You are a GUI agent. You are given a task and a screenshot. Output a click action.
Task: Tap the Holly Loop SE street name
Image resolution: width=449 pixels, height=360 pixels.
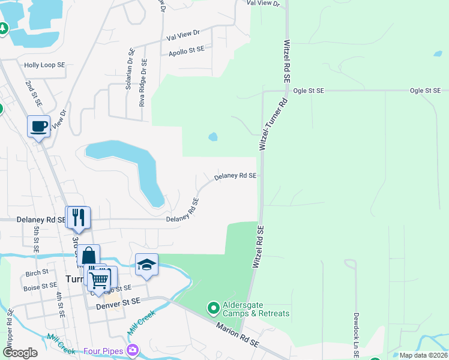[x=44, y=65]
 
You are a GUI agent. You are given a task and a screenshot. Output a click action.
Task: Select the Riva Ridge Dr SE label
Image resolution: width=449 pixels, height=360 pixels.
[x=143, y=82]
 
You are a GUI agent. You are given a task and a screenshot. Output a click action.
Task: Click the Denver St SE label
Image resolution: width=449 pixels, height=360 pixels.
[x=118, y=306]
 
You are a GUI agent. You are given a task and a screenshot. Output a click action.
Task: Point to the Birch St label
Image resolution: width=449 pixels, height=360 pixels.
[x=37, y=272]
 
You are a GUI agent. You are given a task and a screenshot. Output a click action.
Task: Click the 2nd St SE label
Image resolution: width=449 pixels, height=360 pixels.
[x=32, y=94]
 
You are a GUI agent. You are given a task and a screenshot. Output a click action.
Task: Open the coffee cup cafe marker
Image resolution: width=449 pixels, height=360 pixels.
[x=38, y=127]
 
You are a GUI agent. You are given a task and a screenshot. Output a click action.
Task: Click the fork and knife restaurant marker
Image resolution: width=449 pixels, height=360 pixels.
[x=78, y=217]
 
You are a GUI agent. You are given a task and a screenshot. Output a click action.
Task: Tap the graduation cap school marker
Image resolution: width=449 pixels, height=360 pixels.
[x=146, y=265]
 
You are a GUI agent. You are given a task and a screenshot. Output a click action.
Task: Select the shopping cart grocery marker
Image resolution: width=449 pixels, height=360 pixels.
[x=99, y=279]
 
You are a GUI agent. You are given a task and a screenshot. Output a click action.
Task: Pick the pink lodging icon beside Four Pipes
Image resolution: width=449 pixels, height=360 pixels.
[x=133, y=350]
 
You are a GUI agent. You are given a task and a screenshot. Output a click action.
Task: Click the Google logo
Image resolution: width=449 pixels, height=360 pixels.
[x=20, y=353]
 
